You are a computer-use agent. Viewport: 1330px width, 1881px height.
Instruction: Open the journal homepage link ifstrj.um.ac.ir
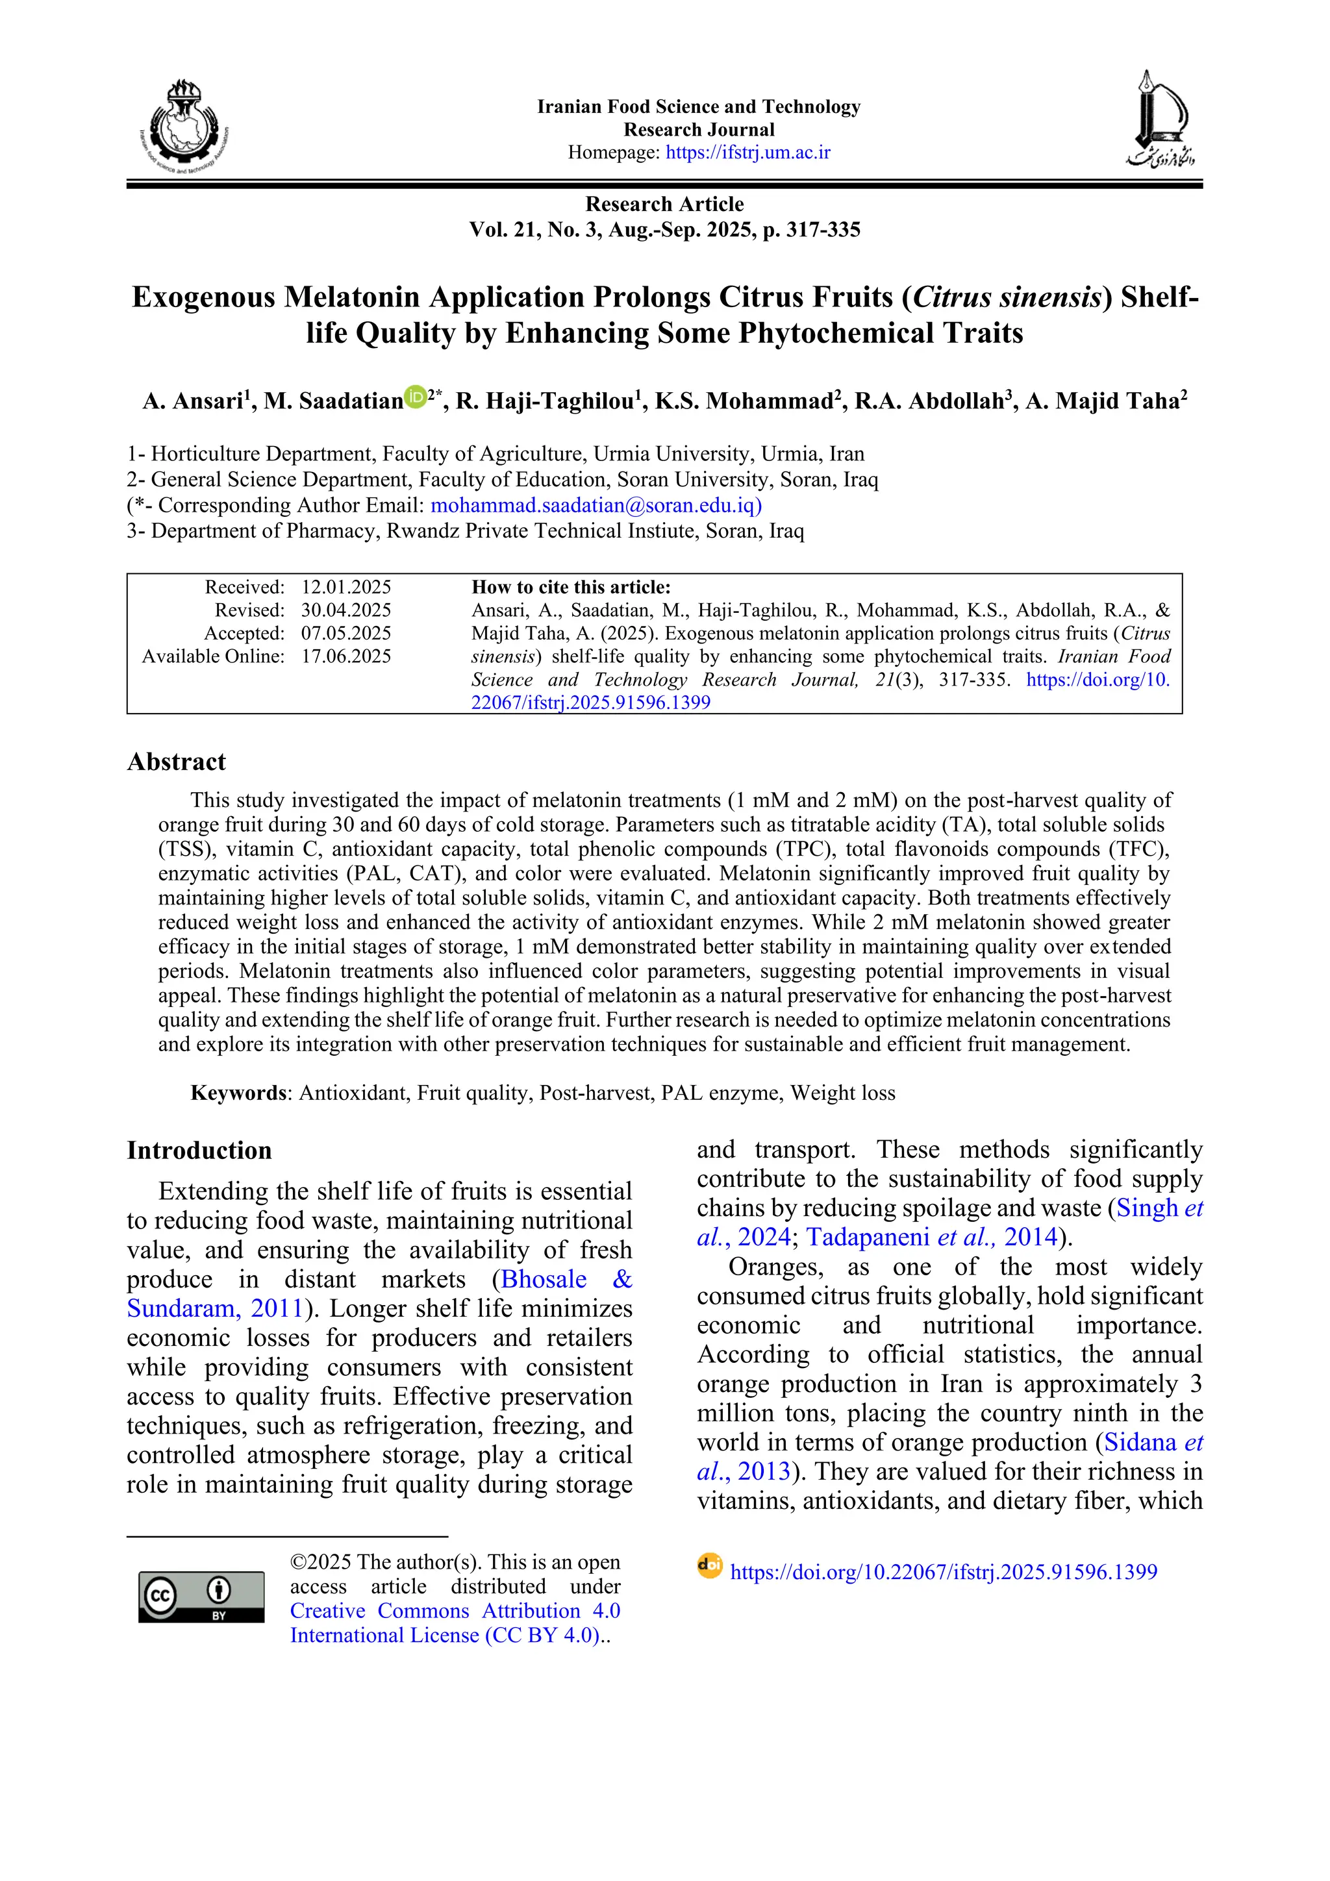747,153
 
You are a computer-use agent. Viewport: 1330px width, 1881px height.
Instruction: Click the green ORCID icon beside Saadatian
416,397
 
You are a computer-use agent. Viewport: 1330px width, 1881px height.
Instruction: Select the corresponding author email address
596,506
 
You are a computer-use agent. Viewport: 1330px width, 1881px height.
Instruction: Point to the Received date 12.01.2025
346,588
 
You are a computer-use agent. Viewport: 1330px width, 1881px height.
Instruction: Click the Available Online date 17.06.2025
346,656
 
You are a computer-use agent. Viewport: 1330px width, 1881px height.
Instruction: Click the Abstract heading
176,762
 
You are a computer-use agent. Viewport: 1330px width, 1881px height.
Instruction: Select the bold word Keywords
238,1093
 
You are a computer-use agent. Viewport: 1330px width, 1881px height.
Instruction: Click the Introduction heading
199,1151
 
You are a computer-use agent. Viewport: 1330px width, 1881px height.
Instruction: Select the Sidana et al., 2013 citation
1152,1442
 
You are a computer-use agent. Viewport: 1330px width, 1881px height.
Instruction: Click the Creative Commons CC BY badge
201,1597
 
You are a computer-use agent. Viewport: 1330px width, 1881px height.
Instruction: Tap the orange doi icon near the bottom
710,1565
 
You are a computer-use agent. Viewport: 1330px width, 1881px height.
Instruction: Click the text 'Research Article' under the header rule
664,204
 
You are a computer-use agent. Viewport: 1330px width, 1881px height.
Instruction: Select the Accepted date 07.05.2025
346,633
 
